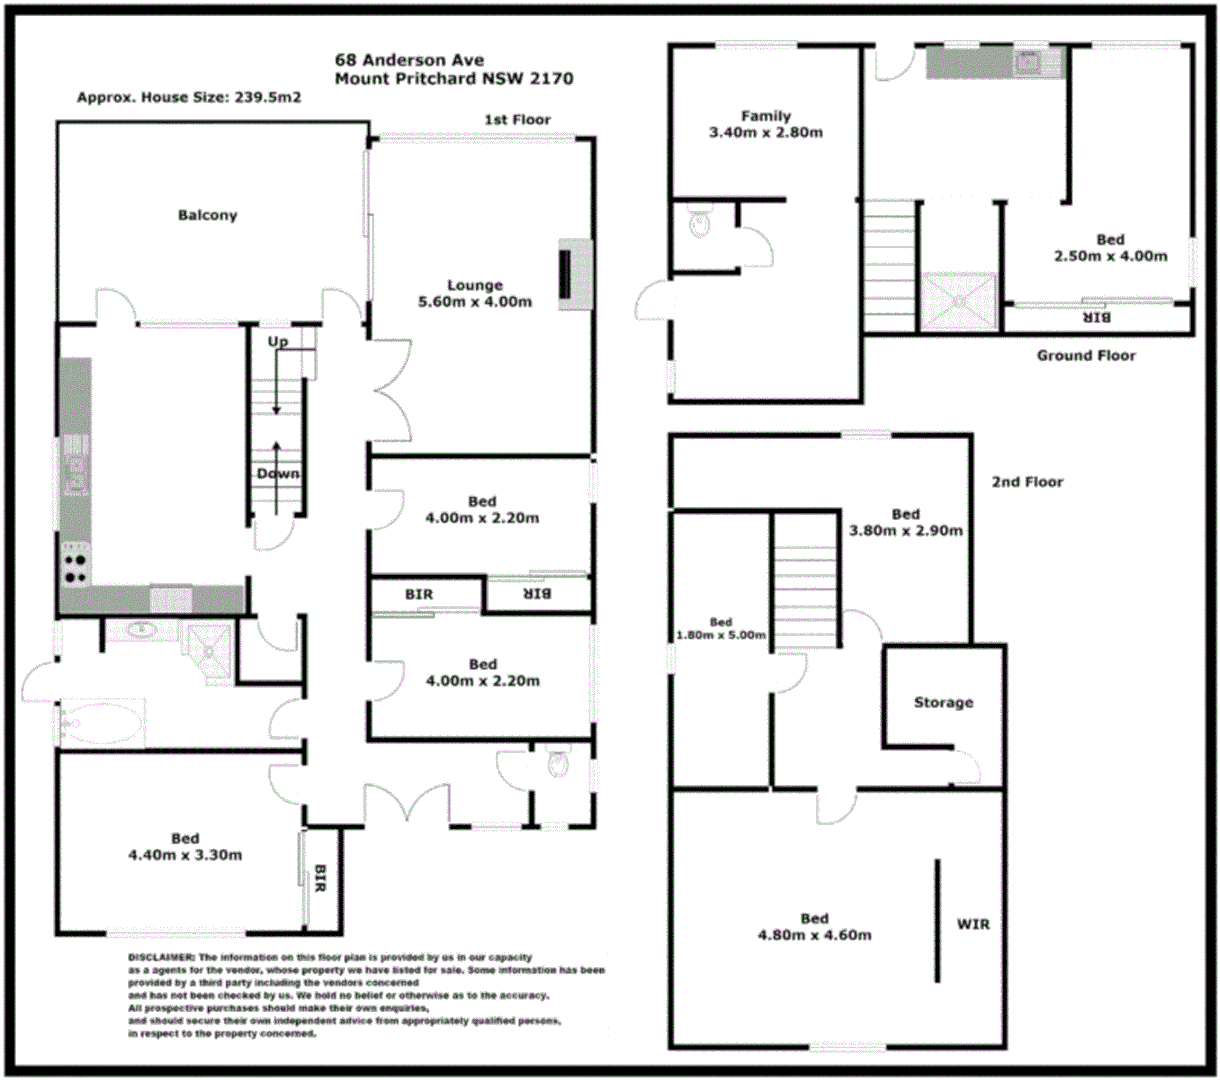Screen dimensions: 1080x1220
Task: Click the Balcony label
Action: click(207, 215)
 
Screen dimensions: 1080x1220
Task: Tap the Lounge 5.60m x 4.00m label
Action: click(474, 294)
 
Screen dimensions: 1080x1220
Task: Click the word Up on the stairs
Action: click(277, 342)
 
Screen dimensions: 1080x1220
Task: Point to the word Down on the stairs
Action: click(277, 474)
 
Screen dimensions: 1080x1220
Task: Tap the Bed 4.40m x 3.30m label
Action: click(185, 847)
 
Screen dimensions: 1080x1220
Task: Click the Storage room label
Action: click(943, 703)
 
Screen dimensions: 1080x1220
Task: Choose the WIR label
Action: click(973, 924)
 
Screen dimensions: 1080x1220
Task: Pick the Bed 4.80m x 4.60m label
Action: click(814, 927)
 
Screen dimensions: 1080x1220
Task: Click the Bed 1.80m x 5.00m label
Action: click(720, 629)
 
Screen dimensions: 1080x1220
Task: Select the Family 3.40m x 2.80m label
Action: click(765, 124)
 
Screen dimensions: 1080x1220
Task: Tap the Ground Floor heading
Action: click(1086, 355)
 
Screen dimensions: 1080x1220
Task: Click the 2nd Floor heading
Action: click(1027, 482)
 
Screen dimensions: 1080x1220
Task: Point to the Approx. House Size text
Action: click(189, 98)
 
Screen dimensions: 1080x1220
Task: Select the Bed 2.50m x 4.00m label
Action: click(1110, 248)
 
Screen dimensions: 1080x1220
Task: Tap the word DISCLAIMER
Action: click(160, 958)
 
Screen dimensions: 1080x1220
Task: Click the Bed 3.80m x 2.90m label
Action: click(905, 523)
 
